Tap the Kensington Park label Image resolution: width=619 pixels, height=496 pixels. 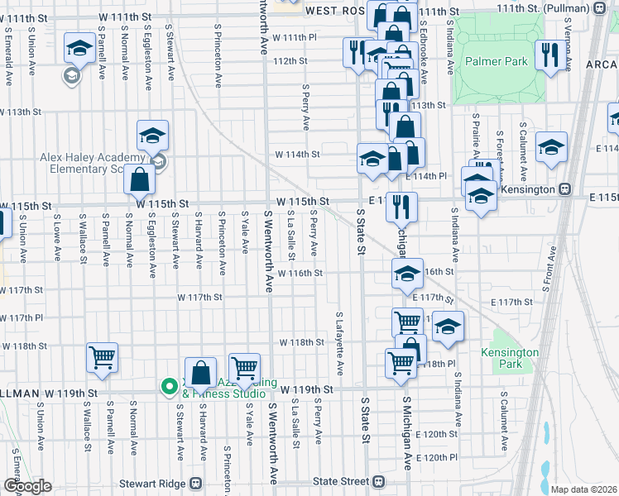510,358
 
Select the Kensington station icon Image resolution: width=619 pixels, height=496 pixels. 565,188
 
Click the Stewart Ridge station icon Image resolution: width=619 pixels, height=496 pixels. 196,483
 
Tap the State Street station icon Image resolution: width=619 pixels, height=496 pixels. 378,481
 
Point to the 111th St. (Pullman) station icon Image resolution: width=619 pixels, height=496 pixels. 599,10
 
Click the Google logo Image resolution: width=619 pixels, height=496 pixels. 27,486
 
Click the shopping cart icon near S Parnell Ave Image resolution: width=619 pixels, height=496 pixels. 102,358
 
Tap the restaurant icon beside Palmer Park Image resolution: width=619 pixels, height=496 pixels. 547,55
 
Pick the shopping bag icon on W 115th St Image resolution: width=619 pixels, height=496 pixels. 139,179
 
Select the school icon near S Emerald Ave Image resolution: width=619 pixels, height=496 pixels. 79,50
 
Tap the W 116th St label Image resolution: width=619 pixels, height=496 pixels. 300,273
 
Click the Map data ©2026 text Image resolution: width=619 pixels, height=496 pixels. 583,489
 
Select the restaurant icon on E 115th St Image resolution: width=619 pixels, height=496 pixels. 402,206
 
